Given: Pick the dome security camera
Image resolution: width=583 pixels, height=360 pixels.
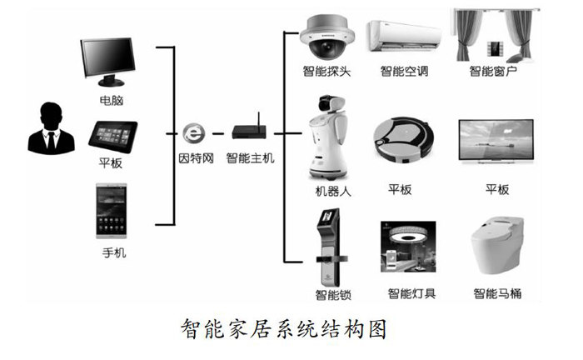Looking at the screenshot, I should point(326,37).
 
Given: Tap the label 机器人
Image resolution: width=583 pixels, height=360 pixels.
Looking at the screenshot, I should point(327,191).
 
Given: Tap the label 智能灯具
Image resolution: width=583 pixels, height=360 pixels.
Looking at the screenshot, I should point(411,293).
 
